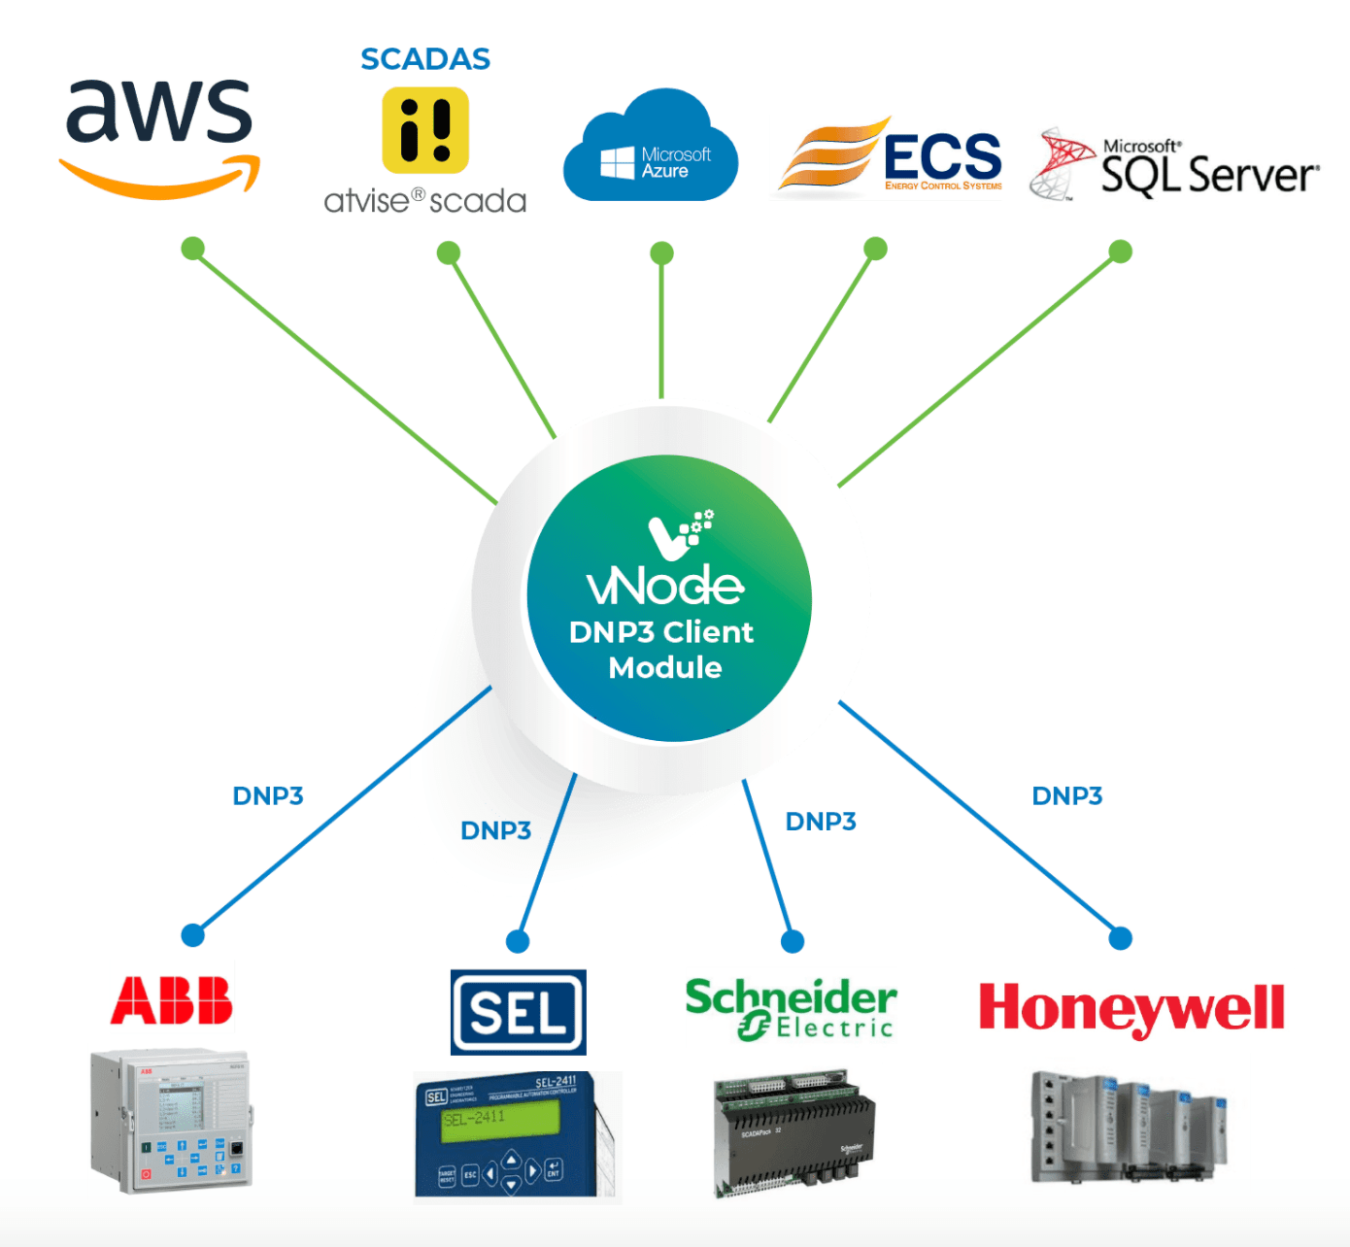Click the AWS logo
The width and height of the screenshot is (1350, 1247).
(x=159, y=136)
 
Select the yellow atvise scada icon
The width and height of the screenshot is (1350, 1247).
(x=425, y=130)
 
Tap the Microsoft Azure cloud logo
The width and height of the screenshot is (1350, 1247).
(x=651, y=151)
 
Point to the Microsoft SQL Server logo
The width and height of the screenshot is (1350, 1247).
(x=1175, y=166)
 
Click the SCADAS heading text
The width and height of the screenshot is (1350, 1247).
(x=425, y=59)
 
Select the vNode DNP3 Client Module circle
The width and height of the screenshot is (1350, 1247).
(x=668, y=597)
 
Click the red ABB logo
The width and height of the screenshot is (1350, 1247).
(x=172, y=1001)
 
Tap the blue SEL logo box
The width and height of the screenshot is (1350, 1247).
(x=518, y=1012)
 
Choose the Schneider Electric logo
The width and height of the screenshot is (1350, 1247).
(x=791, y=1008)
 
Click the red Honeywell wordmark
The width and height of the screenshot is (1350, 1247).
(x=1131, y=1008)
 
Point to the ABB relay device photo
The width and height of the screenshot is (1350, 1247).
(x=172, y=1121)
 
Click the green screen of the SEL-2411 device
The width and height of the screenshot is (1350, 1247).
(x=500, y=1120)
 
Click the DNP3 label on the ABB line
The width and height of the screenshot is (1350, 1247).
(x=268, y=796)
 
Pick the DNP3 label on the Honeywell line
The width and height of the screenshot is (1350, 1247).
(x=1066, y=796)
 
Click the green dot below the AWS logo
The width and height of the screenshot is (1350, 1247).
(x=193, y=249)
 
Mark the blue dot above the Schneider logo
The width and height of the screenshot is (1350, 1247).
(x=793, y=940)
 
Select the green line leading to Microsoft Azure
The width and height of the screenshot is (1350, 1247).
(x=661, y=330)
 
